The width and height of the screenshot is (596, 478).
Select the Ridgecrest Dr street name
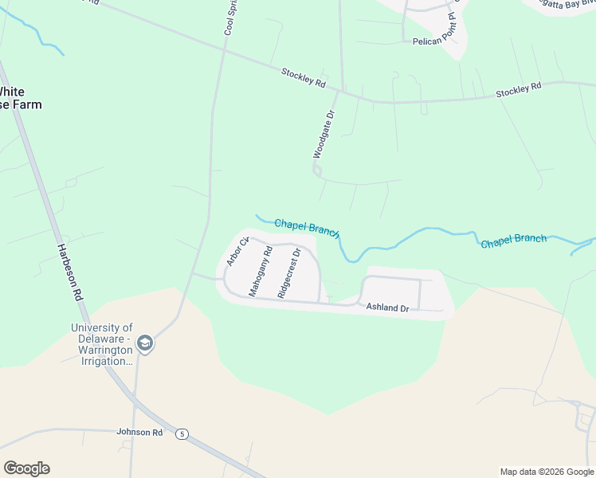pos(289,273)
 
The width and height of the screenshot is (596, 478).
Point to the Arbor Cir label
pos(233,252)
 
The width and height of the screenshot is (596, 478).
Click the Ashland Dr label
pos(387,307)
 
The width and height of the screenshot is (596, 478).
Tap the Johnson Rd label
pos(139,433)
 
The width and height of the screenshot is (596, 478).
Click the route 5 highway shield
pos(183,433)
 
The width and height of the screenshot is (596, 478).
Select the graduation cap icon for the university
pos(145,344)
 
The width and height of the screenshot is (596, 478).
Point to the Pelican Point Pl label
pos(437,41)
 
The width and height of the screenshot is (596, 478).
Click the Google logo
pos(26,468)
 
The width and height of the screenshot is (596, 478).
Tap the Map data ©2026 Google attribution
pos(546,472)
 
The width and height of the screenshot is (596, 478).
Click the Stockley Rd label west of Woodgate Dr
pos(304,77)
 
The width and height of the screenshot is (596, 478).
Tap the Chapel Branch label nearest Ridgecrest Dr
pos(307,229)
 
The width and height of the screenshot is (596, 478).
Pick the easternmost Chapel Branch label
pos(514,239)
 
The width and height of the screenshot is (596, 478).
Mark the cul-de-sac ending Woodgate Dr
pos(317,170)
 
